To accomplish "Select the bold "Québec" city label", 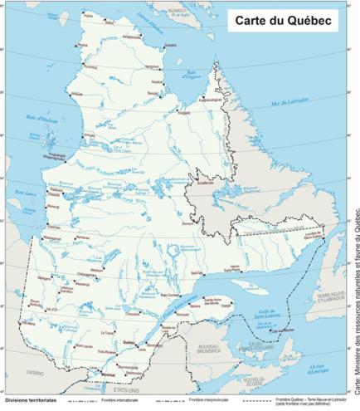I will pyautogui.click(x=129, y=341).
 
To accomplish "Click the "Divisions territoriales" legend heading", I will pyautogui.click(x=30, y=400).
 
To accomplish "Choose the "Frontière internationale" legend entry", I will pyautogui.click(x=119, y=400).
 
